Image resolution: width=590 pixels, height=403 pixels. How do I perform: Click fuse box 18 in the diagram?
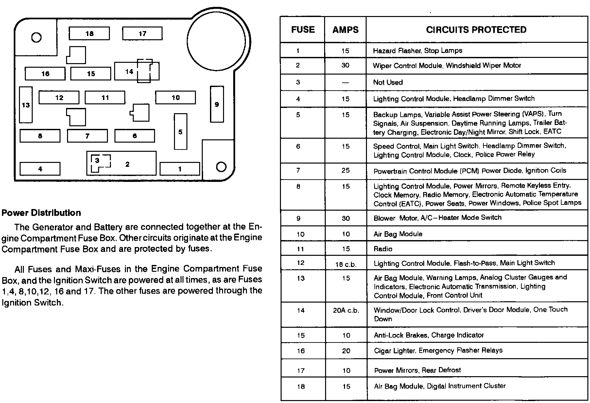pos(89,34)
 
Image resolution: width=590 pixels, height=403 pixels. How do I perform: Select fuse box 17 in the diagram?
pos(142,34)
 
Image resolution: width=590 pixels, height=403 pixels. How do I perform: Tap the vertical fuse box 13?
pos(26,105)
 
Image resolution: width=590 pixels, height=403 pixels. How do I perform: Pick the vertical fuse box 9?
pos(217,105)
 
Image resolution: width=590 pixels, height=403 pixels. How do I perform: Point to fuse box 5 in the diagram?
pos(181,132)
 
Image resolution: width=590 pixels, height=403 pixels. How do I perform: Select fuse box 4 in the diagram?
pos(40,169)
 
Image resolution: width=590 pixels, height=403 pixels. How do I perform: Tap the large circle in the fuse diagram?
pos(216,42)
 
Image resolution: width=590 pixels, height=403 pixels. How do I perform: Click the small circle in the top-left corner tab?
pos(36,38)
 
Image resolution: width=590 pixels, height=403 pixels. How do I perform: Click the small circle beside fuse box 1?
pos(221,167)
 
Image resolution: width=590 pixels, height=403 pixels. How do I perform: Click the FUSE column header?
pos(303,30)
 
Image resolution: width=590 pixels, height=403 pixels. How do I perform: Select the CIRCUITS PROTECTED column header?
pos(476,30)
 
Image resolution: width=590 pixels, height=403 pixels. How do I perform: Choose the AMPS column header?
pos(345,30)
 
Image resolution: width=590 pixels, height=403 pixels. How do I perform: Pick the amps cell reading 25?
pos(346,170)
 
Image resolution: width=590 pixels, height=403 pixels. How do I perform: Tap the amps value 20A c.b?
pos(346,310)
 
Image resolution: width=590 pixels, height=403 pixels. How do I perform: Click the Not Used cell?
pos(388,82)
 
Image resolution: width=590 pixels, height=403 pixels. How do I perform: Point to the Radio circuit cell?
pos(383,249)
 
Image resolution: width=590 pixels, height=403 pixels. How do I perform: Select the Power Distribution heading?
pos(41,213)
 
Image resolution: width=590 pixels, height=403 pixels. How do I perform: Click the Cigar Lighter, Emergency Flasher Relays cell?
pos(438,351)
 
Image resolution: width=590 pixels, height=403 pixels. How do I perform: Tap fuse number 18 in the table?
pos(301,387)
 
